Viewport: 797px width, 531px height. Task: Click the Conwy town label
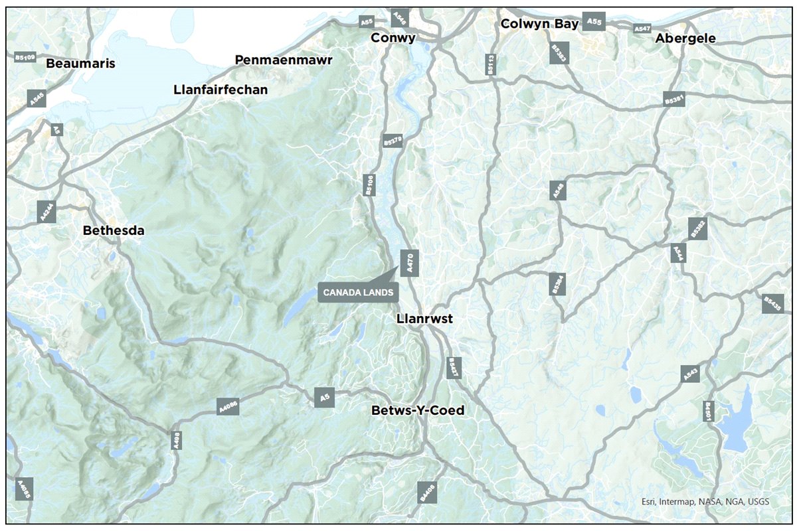(393, 38)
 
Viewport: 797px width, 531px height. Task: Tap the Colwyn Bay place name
(540, 23)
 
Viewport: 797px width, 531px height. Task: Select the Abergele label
(685, 38)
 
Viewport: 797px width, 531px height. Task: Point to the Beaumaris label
(81, 64)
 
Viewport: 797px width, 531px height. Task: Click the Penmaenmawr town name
(284, 60)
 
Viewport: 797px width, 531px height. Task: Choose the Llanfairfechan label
(220, 89)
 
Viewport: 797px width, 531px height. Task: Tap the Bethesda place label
(114, 230)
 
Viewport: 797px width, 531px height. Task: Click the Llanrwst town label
(424, 319)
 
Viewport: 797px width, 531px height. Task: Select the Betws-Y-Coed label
(418, 410)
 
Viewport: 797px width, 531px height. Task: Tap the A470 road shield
(410, 263)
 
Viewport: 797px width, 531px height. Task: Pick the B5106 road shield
(369, 185)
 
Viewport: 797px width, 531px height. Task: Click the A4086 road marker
(227, 407)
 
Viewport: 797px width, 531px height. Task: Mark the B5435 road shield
(773, 303)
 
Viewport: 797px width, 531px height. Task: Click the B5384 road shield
(558, 283)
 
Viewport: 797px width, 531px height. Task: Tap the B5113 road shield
(491, 64)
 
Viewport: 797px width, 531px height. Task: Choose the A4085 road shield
(24, 489)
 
